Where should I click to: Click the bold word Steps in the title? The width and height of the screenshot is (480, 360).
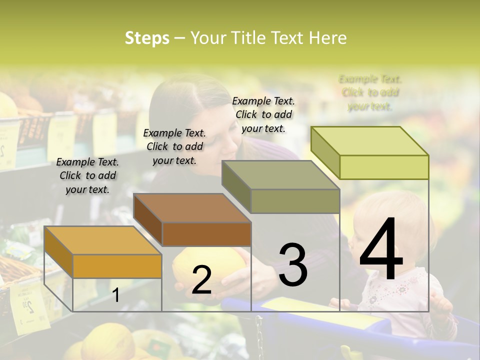pos(147,38)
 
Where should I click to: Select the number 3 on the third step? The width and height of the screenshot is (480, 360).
pos(292,265)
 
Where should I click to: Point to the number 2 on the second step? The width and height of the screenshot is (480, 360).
pos(201,280)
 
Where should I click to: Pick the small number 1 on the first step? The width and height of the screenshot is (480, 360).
pos(116,295)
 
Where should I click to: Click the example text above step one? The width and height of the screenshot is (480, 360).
pos(87,175)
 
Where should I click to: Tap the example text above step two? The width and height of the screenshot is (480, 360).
pos(174,146)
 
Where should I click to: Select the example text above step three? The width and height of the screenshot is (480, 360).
pos(263,114)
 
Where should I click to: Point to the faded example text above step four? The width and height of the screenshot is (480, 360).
pos(370,92)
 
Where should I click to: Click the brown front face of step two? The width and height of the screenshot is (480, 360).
pos(206,234)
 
